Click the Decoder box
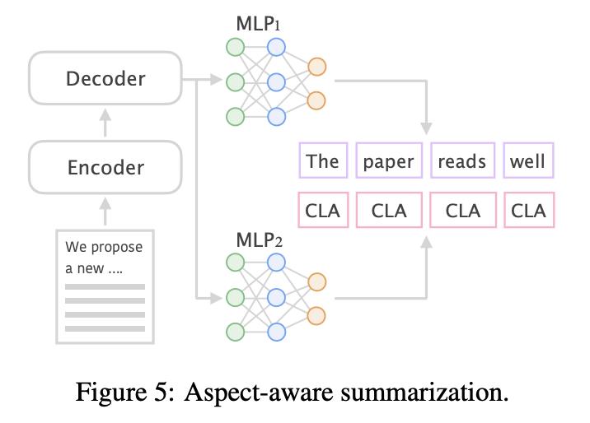point(105,79)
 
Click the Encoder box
point(105,168)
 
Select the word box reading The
point(322,160)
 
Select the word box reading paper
point(389,160)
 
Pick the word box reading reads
point(462,160)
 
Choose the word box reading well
point(528,160)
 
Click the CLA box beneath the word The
point(322,211)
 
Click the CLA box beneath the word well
point(528,211)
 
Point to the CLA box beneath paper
point(389,211)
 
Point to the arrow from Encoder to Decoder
point(105,123)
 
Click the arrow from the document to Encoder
point(105,211)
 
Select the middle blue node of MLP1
point(276,81)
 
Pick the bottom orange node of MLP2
point(316,314)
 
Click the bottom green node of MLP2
point(236,332)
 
